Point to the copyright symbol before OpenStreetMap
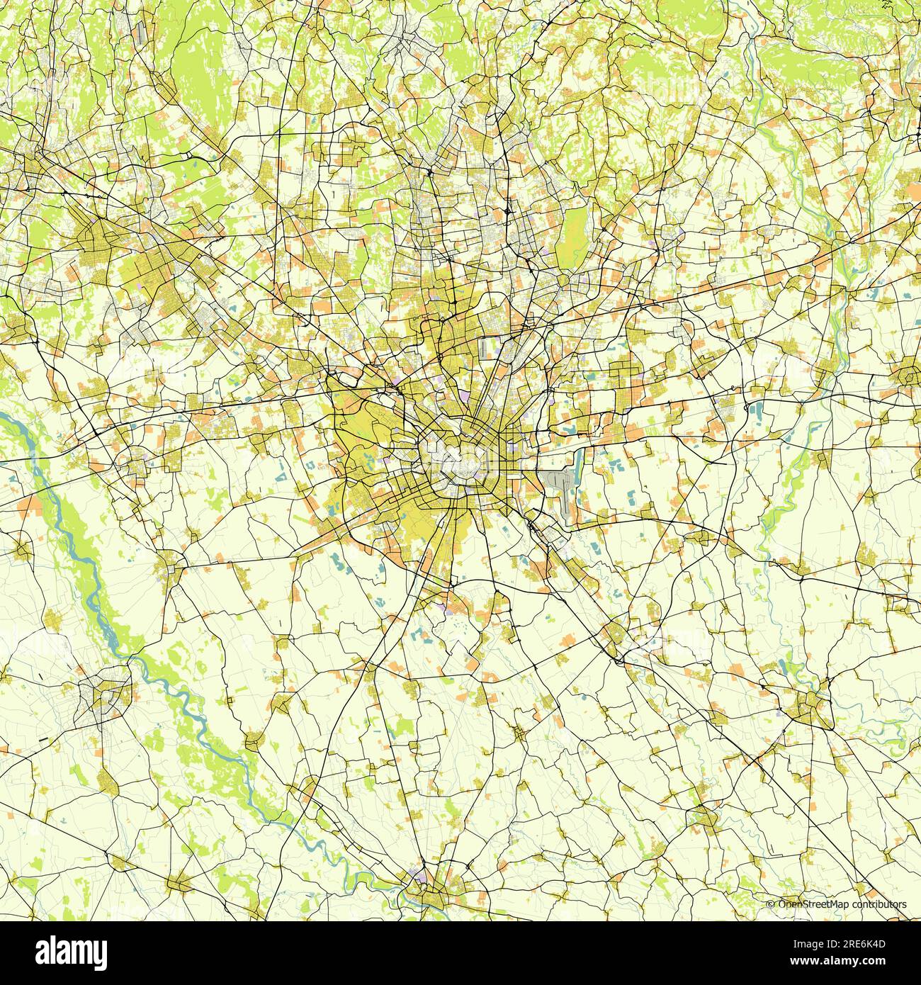pos(771,904)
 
